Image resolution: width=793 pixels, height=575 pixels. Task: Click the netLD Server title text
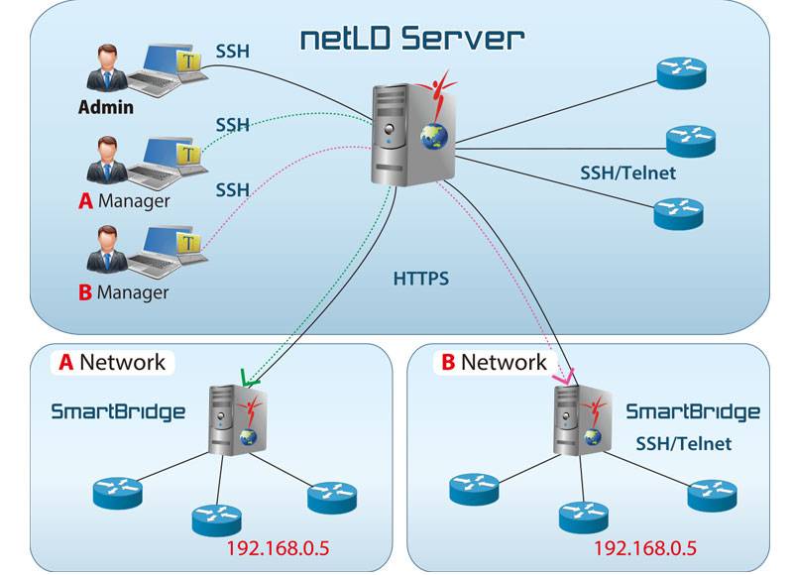(x=411, y=40)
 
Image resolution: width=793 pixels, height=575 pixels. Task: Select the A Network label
(x=112, y=362)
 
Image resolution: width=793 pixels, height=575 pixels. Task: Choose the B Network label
(x=494, y=362)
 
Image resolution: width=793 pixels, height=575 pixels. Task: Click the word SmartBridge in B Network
(x=693, y=411)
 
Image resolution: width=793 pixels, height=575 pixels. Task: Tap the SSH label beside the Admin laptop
(x=232, y=49)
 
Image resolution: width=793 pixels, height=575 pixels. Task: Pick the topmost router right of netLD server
(x=682, y=70)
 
